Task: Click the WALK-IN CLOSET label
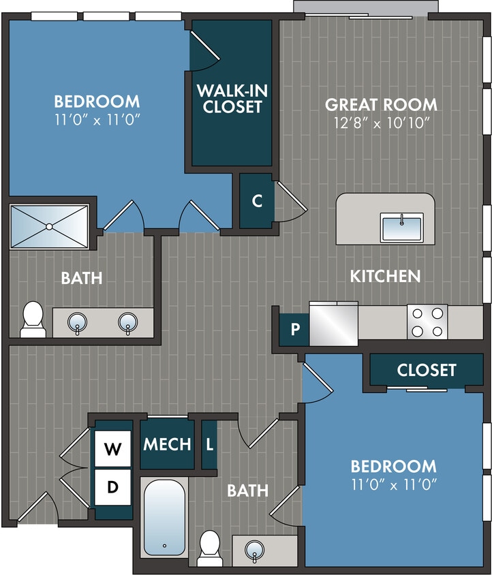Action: click(231, 98)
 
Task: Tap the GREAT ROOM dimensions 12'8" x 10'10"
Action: click(381, 124)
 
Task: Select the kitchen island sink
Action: click(402, 227)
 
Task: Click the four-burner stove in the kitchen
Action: click(427, 322)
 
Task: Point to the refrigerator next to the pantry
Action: click(333, 323)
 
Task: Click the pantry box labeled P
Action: click(295, 330)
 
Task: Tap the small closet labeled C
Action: click(257, 201)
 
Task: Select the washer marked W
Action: click(112, 450)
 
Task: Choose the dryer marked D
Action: click(112, 487)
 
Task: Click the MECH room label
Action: click(167, 445)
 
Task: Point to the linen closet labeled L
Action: click(209, 445)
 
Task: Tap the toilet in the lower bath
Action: click(209, 545)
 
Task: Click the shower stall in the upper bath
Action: click(49, 226)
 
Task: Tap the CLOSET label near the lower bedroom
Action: click(427, 370)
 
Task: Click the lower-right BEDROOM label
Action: click(393, 467)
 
